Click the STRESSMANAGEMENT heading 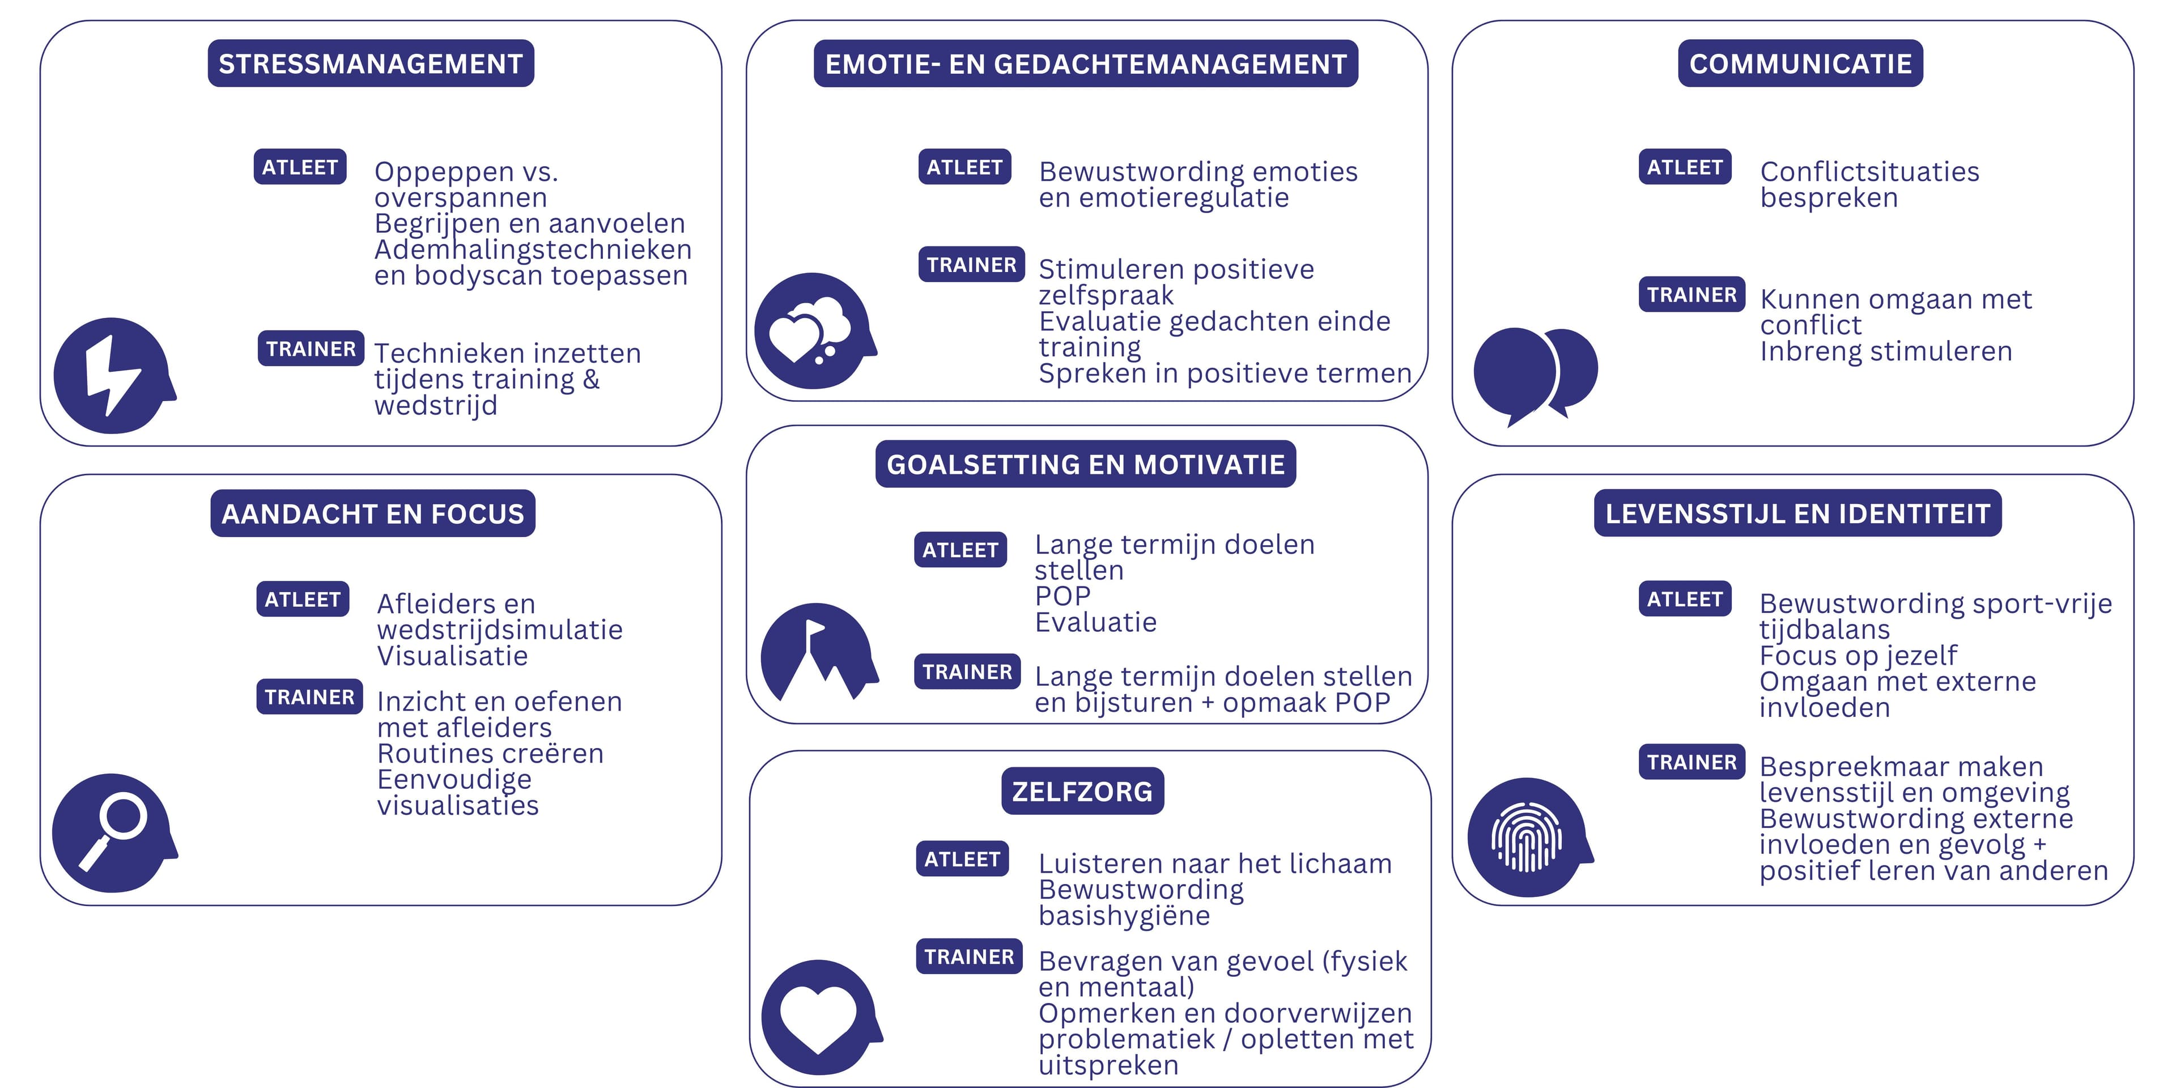pos(371,63)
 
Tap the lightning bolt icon pos(112,376)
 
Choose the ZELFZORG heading pos(1082,792)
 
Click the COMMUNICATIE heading pos(1800,63)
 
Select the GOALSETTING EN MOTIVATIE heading pos(1086,465)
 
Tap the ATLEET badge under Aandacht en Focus pos(303,600)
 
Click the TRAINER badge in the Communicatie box pos(1691,295)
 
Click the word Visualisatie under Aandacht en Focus pos(453,656)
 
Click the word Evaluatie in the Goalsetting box pos(1095,623)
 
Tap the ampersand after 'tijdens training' pos(591,379)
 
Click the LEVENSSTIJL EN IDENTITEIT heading pos(1797,513)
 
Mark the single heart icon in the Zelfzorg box pos(818,1018)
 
